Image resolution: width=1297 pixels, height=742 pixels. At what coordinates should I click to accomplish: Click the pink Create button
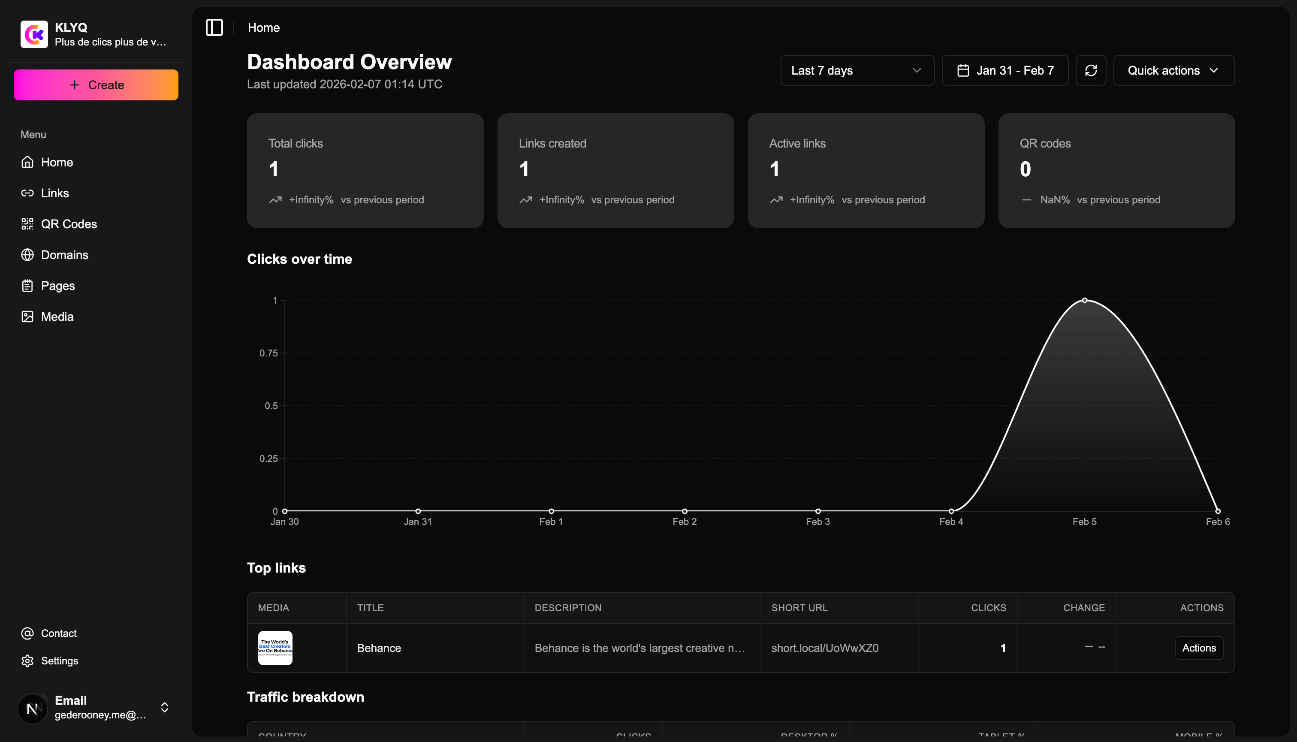(x=96, y=85)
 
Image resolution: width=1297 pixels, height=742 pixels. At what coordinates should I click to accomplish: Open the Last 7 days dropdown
(x=857, y=71)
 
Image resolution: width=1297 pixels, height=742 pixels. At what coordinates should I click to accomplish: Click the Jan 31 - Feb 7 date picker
(x=1004, y=71)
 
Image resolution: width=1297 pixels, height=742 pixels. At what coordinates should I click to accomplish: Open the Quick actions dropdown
(x=1173, y=71)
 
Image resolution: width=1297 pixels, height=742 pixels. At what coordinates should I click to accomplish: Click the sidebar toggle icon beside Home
(x=214, y=27)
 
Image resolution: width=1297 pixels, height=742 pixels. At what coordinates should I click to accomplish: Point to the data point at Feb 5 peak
(x=1085, y=300)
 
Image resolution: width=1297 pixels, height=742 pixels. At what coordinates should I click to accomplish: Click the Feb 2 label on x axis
(x=685, y=522)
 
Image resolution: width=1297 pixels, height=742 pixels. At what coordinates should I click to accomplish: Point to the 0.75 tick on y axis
(x=268, y=353)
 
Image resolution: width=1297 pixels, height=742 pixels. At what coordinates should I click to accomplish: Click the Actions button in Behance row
(x=1199, y=648)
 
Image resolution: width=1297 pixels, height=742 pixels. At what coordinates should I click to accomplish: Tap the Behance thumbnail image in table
(x=275, y=648)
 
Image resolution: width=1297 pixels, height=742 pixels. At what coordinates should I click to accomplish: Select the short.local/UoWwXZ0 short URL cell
(x=825, y=648)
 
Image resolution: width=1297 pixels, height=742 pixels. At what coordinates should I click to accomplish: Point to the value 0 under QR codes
(x=1026, y=169)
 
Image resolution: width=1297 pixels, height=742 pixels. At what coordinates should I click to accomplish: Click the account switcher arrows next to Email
(x=165, y=707)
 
